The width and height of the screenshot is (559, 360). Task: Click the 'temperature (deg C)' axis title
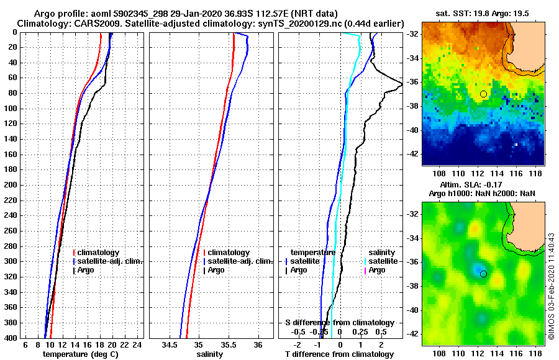(x=80, y=354)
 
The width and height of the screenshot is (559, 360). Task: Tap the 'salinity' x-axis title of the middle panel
(x=210, y=354)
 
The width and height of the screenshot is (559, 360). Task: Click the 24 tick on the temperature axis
(x=138, y=344)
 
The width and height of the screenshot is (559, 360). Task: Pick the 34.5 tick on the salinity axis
(x=170, y=344)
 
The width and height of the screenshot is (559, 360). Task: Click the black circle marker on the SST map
(x=483, y=94)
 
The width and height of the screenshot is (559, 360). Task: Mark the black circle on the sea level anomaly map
(x=483, y=274)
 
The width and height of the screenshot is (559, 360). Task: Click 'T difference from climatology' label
(x=340, y=354)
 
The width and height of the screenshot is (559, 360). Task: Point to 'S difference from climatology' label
(x=340, y=323)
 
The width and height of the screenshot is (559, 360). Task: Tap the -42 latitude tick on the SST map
(x=412, y=153)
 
